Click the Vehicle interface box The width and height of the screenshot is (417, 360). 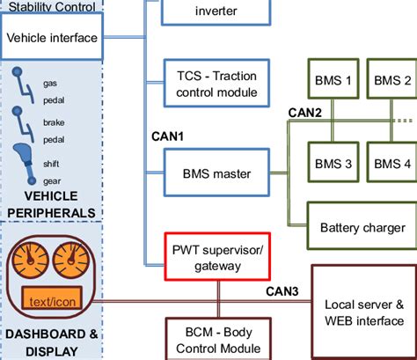50,38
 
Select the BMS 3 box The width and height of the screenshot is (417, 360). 333,163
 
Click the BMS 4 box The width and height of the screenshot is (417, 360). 391,163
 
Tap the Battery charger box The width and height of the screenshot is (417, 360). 361,227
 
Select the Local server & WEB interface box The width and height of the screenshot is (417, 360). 363,311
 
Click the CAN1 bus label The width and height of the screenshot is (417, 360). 166,136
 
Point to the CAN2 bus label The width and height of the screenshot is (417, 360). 304,112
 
